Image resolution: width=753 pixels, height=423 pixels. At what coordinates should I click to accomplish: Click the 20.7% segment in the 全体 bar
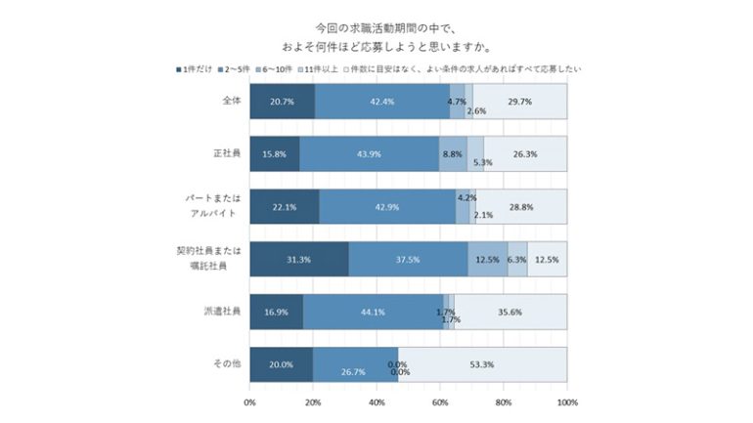tap(282, 101)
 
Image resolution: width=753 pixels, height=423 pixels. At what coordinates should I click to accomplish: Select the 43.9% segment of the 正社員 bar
tap(369, 153)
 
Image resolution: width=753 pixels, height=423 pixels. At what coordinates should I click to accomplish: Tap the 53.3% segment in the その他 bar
tap(482, 364)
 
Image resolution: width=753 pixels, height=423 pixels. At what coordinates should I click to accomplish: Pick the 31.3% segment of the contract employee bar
tap(298, 259)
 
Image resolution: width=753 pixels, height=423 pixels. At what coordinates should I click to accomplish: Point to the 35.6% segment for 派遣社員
tap(510, 312)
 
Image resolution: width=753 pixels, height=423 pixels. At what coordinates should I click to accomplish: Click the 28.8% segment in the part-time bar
tap(521, 206)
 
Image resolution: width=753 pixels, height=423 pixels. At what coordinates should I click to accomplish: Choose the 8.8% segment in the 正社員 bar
tap(453, 153)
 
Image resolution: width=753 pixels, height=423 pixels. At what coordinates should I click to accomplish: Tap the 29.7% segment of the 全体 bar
tap(520, 101)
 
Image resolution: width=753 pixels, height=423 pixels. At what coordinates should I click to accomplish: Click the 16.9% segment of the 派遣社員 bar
tap(276, 312)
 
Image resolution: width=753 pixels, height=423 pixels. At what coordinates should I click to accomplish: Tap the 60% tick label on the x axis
tap(440, 402)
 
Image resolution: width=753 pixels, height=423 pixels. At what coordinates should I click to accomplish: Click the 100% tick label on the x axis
tap(566, 402)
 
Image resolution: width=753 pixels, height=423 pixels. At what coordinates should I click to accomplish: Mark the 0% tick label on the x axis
tap(249, 402)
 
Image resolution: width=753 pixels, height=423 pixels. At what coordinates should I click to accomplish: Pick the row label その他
tap(225, 364)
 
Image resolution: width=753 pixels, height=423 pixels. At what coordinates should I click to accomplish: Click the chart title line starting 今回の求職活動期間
tap(376, 27)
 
